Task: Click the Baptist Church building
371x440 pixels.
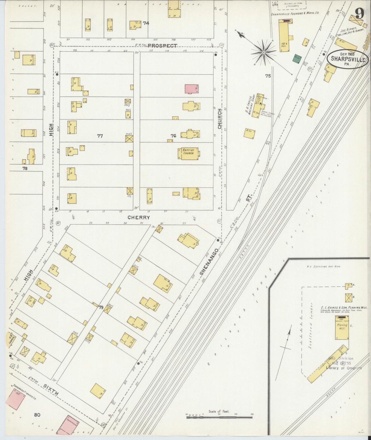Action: coord(189,154)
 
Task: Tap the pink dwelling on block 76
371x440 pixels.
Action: coord(192,89)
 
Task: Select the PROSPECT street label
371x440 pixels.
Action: coord(163,45)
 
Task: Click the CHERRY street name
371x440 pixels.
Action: coord(139,217)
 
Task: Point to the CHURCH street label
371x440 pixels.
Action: coord(220,119)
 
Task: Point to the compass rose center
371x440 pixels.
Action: coord(263,53)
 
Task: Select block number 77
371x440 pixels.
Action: coord(100,136)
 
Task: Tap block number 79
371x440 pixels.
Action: coord(101,307)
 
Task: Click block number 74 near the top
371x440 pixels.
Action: coord(146,23)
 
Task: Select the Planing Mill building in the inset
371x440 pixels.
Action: coord(342,328)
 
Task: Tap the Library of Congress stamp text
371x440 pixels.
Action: coord(344,368)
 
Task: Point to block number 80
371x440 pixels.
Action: coord(37,414)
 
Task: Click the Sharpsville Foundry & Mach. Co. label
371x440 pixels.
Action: coord(295,13)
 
